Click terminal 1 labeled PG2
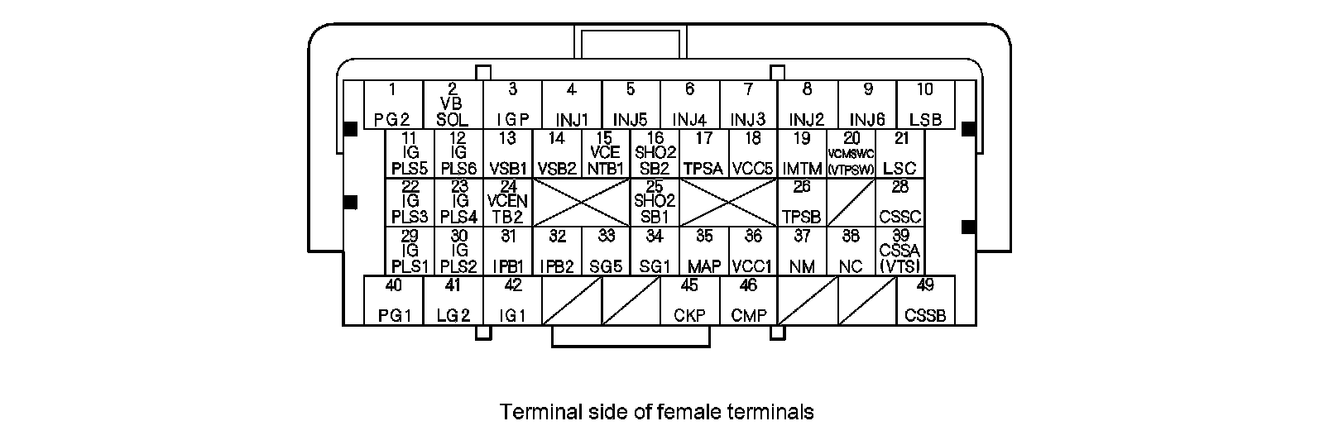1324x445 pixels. [394, 104]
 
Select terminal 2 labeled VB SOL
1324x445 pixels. [453, 104]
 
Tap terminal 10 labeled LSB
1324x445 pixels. [925, 104]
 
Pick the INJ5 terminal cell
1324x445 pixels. [631, 104]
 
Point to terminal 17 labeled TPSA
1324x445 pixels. [704, 154]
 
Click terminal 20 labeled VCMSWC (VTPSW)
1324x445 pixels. [851, 154]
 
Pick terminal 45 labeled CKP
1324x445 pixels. [689, 300]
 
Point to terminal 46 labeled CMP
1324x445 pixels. [749, 300]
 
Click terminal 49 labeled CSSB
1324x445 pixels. [926, 300]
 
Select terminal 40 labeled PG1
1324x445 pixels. [394, 300]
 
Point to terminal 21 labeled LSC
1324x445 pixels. [900, 154]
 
